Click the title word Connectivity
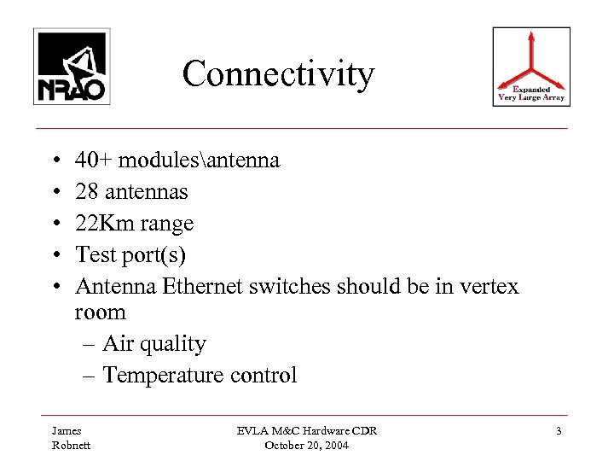point(278,74)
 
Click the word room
point(101,313)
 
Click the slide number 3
point(558,432)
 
